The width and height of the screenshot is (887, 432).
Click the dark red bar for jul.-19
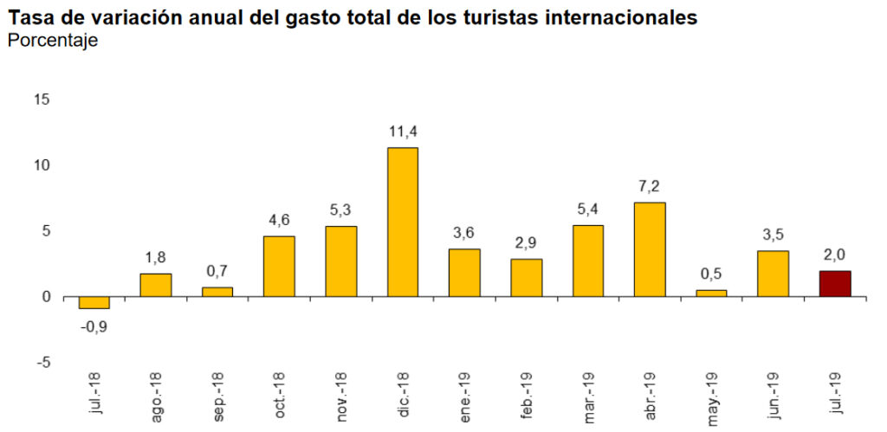coord(835,284)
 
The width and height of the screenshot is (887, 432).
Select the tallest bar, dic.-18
coord(402,222)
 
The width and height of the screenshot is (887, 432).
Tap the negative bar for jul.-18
coord(94,302)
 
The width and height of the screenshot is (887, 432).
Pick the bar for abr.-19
coord(650,249)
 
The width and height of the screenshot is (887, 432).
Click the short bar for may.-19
coord(711,293)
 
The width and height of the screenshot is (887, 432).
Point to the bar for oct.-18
coord(279,267)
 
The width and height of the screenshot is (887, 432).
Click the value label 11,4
coord(402,132)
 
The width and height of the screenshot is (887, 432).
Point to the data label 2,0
coord(835,255)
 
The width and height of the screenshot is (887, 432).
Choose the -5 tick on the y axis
coord(42,363)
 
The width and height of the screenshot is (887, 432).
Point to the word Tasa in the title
coord(30,17)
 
